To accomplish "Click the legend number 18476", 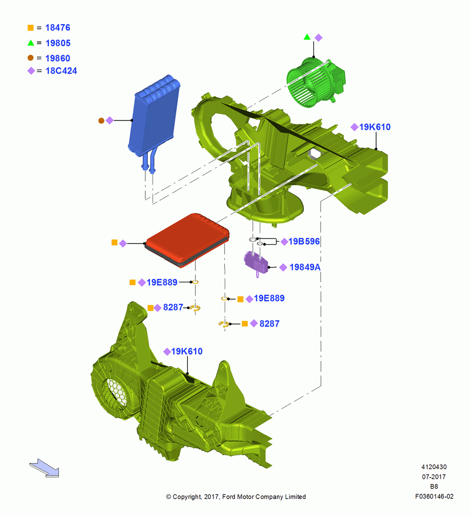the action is pyautogui.click(x=58, y=28).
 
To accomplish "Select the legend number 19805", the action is pyautogui.click(x=58, y=43).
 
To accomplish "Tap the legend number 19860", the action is pyautogui.click(x=58, y=58).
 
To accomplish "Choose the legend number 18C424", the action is pyautogui.click(x=61, y=71).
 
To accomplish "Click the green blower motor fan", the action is pyautogui.click(x=315, y=82).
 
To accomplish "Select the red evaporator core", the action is pyautogui.click(x=187, y=240).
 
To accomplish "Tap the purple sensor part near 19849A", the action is pyautogui.click(x=256, y=263).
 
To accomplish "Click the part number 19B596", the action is pyautogui.click(x=304, y=242).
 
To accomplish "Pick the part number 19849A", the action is pyautogui.click(x=305, y=267).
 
